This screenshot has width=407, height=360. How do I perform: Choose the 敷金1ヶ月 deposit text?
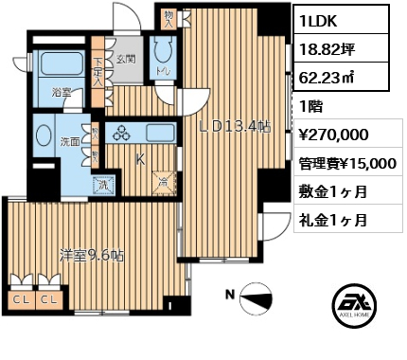click(x=334, y=191)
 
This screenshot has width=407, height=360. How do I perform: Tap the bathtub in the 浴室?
click(x=58, y=72)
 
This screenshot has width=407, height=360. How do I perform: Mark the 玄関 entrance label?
click(x=127, y=59)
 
